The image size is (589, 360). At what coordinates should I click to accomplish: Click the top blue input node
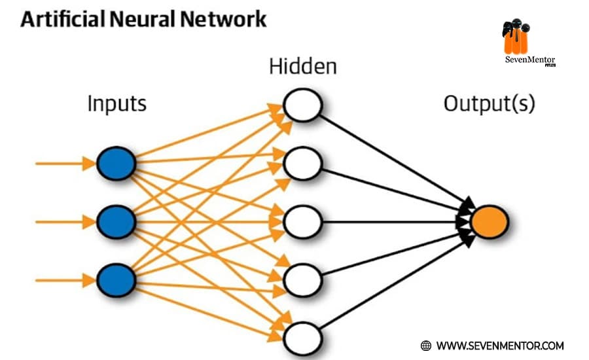coord(116,163)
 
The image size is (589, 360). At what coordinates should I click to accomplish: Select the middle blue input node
coord(116,222)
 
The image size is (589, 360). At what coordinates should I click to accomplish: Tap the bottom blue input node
coord(116,280)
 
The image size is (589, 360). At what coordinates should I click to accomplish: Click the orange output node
coord(490,222)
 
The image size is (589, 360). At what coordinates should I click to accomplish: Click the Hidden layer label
coord(303,67)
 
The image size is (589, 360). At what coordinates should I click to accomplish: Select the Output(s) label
coord(489,104)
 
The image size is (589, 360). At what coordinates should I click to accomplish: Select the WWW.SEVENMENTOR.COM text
coord(499,345)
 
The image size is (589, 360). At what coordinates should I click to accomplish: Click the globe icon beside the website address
coord(426,345)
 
